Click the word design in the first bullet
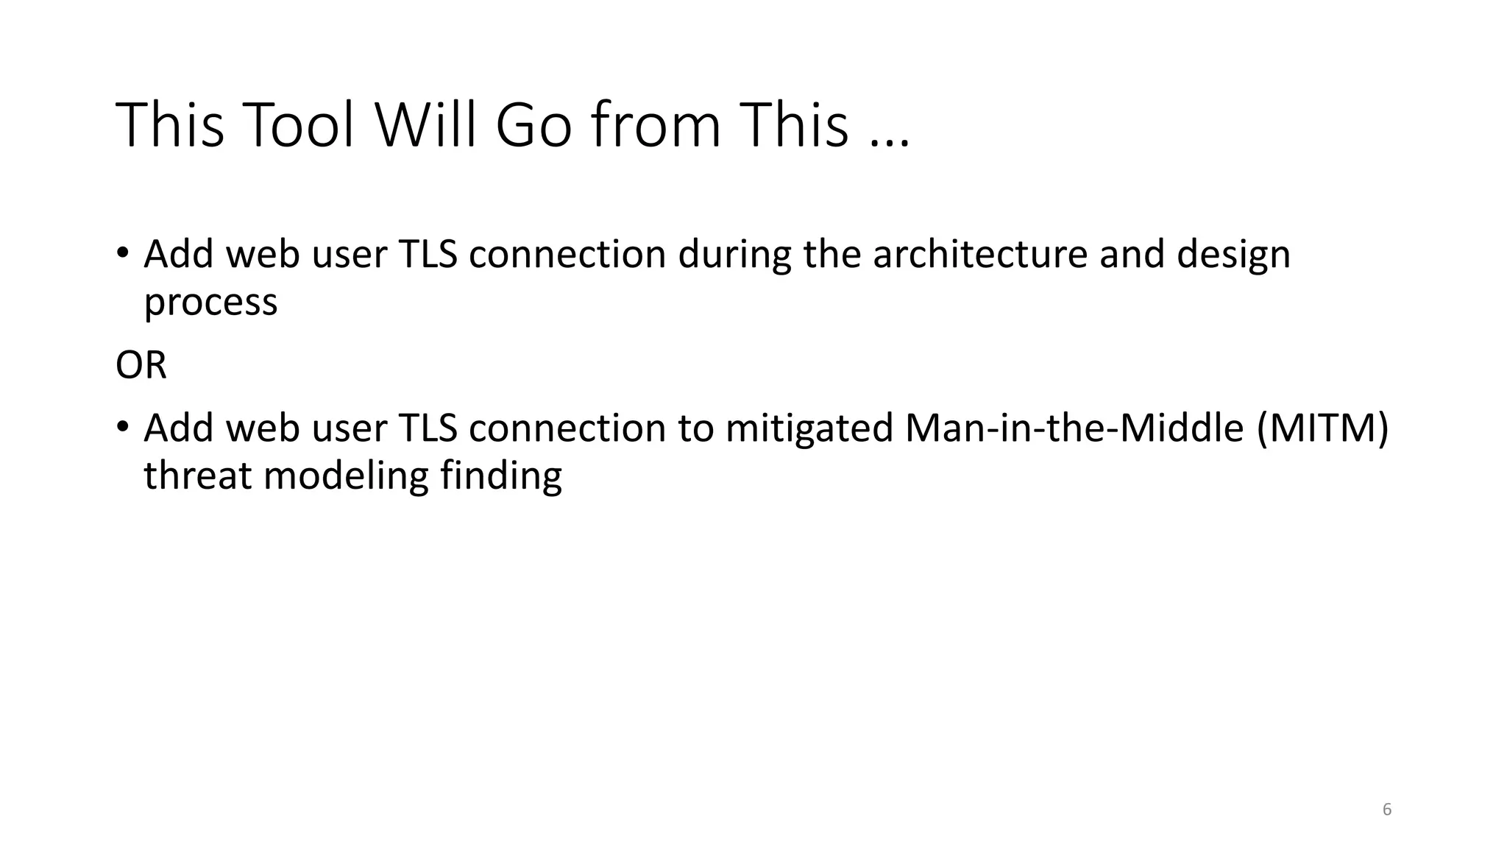[x=1233, y=255]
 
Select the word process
[x=210, y=303]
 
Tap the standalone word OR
[x=141, y=365]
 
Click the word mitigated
[x=809, y=428]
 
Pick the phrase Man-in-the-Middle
[x=1074, y=428]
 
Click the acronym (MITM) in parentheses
[x=1322, y=428]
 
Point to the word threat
[x=197, y=476]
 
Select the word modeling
[x=346, y=476]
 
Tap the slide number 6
[x=1387, y=810]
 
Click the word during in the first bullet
[x=734, y=255]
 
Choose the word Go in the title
[x=533, y=125]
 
